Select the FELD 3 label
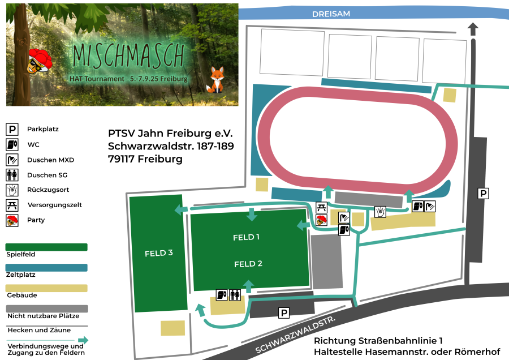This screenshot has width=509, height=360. click(159, 253)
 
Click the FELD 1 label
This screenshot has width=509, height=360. click(246, 237)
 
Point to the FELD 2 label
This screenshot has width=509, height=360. click(248, 264)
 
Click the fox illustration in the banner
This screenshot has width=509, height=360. click(216, 80)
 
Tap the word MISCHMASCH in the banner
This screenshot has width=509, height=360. click(128, 55)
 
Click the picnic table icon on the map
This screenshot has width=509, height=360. click(321, 207)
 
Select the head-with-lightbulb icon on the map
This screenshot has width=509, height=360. click(381, 212)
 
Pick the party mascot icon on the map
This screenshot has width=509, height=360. click(321, 220)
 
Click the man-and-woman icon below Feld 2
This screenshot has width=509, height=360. click(235, 295)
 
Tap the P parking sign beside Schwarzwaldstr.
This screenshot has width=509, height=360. click(284, 312)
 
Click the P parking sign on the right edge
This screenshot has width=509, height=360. click(483, 194)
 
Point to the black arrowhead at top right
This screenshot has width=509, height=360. click(473, 28)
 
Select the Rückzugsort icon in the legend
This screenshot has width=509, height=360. click(12, 190)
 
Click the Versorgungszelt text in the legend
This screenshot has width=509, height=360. click(54, 205)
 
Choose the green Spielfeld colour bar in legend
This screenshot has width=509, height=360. click(46, 247)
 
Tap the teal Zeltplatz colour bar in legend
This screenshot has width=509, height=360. click(46, 267)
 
